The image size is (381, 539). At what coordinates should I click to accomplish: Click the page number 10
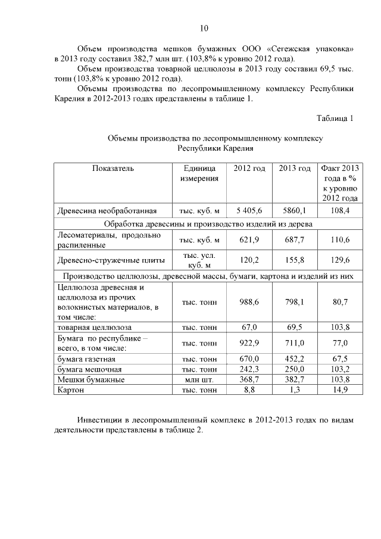pos(204,28)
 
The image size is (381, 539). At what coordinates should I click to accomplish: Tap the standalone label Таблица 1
pos(335,118)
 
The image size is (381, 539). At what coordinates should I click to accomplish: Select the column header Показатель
pos(113,169)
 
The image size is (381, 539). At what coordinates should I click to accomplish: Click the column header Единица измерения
pos(199,173)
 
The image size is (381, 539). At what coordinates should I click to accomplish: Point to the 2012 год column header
pos(249,169)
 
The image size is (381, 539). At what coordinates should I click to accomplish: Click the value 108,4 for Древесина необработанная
pos(340,210)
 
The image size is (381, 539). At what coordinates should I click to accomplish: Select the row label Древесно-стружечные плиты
pos(107,260)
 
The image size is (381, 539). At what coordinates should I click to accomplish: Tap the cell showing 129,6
pos(340,260)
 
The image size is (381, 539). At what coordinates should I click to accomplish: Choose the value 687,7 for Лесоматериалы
pos(295,239)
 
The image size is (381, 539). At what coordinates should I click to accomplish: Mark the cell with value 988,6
pos(249,302)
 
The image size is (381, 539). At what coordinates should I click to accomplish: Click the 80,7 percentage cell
pos(340,302)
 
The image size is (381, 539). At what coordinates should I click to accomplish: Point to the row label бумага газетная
pos(86,359)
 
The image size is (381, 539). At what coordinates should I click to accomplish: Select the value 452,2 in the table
pos(295,359)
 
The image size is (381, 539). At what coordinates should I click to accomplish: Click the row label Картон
pos(70,390)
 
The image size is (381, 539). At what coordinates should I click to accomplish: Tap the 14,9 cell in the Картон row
pos(340,390)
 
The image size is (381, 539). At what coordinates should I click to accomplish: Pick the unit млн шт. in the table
pos(199,379)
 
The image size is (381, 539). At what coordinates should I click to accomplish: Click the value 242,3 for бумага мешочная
pos(249,369)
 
